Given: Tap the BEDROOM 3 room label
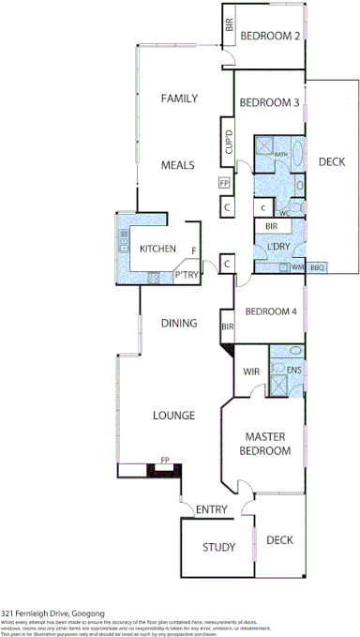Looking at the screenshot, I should click(269, 102).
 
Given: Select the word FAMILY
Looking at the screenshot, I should click(177, 99).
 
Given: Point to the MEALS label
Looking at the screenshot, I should click(177, 164).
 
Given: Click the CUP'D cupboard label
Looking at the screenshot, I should click(228, 144).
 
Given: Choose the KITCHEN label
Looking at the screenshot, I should click(157, 249).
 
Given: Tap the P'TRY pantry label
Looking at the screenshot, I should click(187, 275).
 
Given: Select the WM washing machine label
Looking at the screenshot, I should click(297, 267).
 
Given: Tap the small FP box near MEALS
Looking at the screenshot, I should click(223, 184).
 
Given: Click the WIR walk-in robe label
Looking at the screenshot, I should click(251, 372).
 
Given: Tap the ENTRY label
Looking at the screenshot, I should click(212, 509).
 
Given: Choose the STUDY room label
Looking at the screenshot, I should click(219, 547).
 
